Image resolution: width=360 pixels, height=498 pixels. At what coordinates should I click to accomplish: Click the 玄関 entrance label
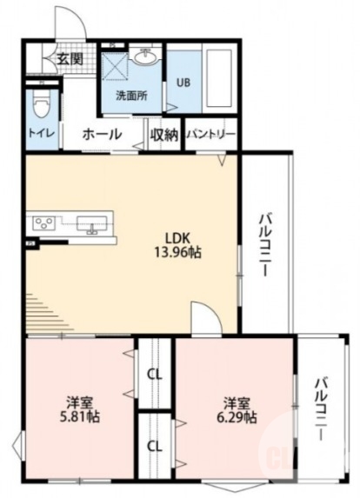click(x=70, y=59)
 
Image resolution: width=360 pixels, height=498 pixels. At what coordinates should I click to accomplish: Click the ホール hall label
click(x=101, y=135)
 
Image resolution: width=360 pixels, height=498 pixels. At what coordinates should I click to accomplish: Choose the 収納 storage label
click(x=163, y=135)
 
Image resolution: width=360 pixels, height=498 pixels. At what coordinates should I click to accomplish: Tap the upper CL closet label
click(x=155, y=375)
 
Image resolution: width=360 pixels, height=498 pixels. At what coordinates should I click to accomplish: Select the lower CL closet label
click(x=155, y=446)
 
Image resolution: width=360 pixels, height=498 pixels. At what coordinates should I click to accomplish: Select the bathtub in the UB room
click(x=218, y=78)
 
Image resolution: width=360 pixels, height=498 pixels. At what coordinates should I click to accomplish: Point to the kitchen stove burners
click(x=43, y=223)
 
